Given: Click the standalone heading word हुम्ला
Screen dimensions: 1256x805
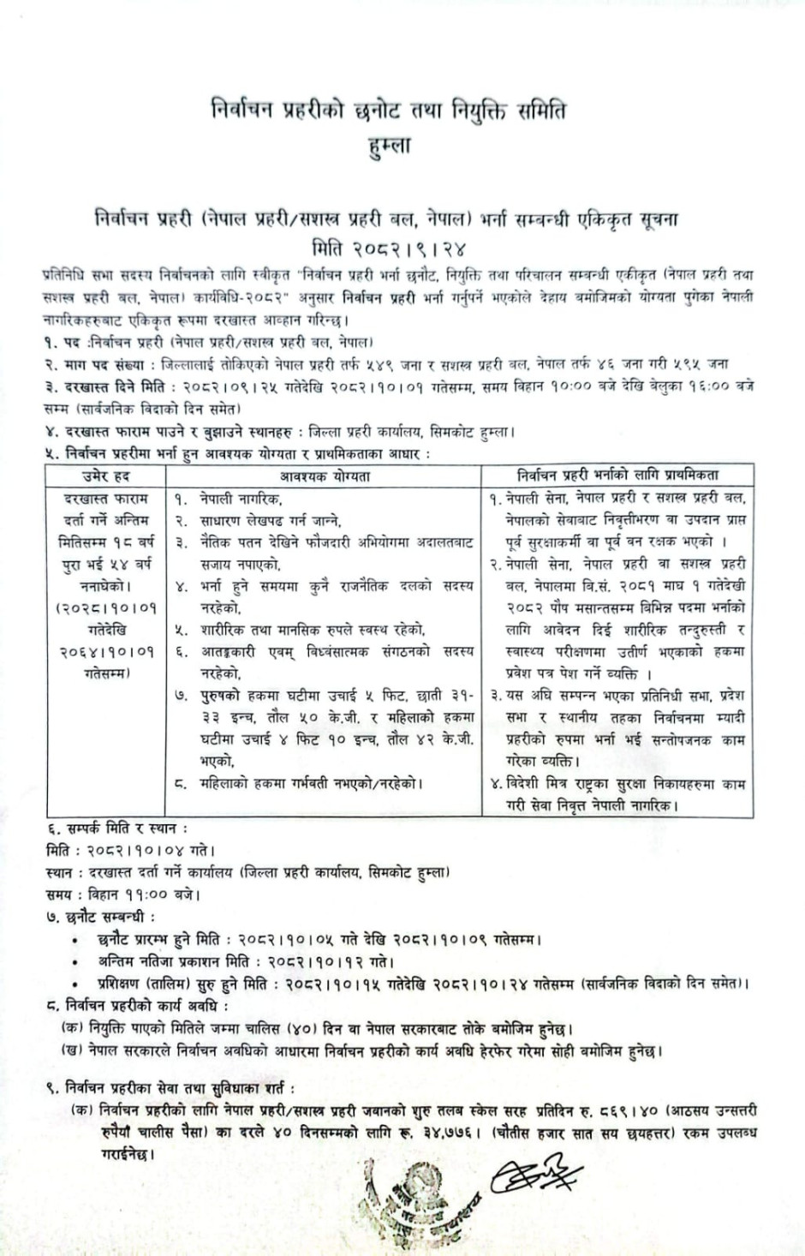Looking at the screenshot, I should point(387,145).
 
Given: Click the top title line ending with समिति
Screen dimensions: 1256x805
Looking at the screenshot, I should point(387,111).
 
